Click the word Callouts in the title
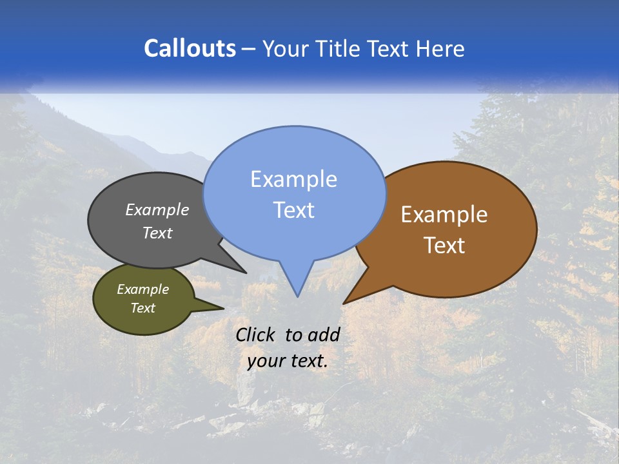(190, 48)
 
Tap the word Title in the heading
(339, 48)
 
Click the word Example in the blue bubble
(293, 179)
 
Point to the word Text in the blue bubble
(293, 209)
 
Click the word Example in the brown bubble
(444, 215)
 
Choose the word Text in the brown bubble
(444, 245)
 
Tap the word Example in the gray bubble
(157, 209)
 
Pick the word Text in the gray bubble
(157, 233)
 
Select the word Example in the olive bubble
(142, 289)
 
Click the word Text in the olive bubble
(142, 307)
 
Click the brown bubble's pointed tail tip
(344, 303)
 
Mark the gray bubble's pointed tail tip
(246, 272)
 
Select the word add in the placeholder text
(324, 334)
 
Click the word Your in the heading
(284, 48)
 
